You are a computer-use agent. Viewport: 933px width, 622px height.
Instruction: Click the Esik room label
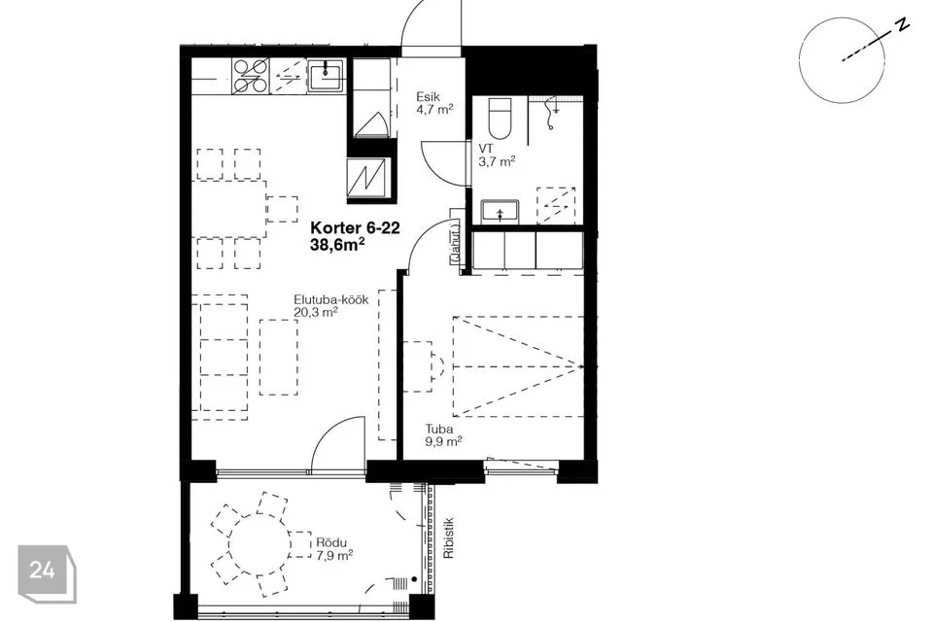[428, 96]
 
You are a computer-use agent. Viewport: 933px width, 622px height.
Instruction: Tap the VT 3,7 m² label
[497, 155]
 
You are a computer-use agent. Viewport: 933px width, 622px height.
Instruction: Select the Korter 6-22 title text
[356, 228]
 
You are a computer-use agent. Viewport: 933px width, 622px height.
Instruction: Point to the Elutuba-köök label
[331, 299]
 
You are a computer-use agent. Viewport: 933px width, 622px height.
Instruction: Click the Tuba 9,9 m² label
[444, 435]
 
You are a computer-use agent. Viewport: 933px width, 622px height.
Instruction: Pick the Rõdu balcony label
[331, 543]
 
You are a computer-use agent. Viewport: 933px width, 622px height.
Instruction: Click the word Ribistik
[449, 538]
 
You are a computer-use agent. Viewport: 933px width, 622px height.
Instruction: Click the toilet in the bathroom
[500, 118]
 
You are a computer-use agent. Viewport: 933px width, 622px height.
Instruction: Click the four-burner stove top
[251, 76]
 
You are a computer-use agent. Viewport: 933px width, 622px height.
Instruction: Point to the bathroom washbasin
[501, 211]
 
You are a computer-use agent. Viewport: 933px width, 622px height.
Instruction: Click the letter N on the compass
[903, 25]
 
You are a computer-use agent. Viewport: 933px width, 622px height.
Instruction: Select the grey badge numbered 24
[47, 572]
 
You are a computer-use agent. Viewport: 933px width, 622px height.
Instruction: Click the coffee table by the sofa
[279, 357]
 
